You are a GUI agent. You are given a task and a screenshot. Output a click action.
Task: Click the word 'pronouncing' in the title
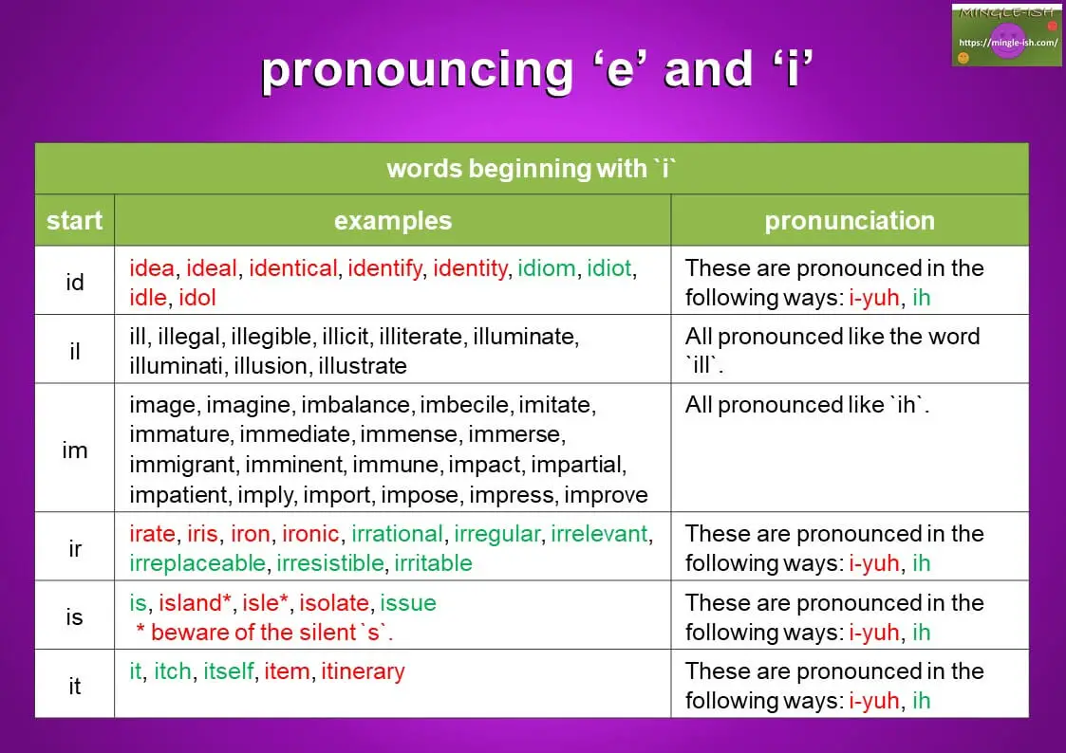click(x=416, y=71)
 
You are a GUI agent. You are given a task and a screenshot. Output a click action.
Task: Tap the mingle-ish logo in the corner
click(x=1006, y=35)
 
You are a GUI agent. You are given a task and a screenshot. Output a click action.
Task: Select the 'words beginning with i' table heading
click(x=531, y=169)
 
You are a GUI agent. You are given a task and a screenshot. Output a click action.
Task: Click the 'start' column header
click(x=74, y=221)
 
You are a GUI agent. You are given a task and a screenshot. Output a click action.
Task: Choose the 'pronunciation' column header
click(x=849, y=221)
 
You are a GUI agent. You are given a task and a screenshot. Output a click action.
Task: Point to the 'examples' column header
click(x=392, y=221)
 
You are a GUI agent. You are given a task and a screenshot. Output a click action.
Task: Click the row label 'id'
click(x=74, y=282)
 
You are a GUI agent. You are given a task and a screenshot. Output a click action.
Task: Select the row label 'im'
click(x=74, y=450)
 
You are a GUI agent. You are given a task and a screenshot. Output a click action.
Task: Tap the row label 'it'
click(x=74, y=686)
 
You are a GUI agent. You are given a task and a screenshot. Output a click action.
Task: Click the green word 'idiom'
click(x=546, y=268)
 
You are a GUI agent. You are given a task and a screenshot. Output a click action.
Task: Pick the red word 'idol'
click(x=197, y=298)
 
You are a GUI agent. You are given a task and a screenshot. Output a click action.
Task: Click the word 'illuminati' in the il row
click(x=174, y=366)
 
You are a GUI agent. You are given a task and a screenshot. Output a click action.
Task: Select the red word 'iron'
click(x=251, y=534)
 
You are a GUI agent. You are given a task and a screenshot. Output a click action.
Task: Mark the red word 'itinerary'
click(x=363, y=671)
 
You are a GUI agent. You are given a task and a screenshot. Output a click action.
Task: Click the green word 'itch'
click(x=173, y=671)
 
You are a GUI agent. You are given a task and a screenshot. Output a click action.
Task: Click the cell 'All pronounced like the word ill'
click(x=832, y=351)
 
